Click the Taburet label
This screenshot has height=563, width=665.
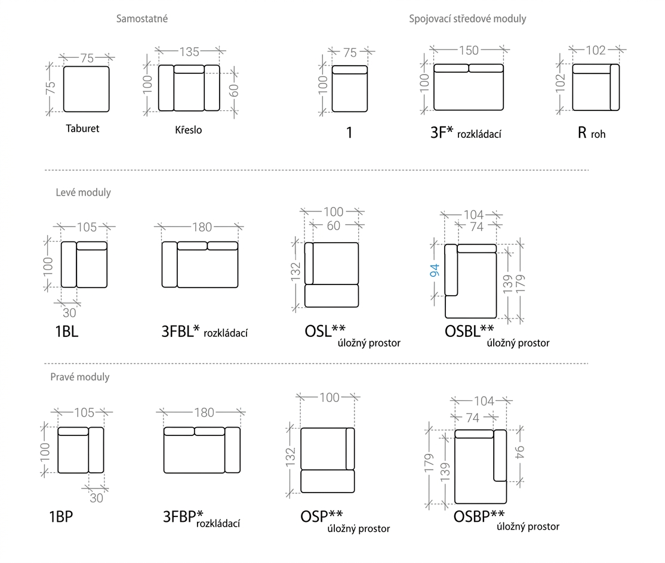pos(82,128)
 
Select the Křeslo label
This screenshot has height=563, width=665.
pos(188,129)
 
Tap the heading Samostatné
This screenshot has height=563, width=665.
pos(142,18)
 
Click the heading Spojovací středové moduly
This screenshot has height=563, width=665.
pos(467,19)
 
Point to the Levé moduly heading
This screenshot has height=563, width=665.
pos(83,192)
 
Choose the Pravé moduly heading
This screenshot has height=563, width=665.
pos(80,377)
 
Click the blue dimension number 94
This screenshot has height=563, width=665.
pos(435,270)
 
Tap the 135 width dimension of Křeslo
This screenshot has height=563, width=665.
pos(189,52)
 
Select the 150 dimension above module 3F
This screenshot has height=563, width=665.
pos(469,51)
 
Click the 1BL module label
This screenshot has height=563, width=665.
pos(67,331)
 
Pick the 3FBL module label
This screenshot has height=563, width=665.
pos(181,331)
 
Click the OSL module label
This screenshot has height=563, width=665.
pos(325,331)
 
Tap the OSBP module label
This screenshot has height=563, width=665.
pos(479,516)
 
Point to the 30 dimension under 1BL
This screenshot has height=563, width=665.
pos(69,313)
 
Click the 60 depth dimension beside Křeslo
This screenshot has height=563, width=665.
pos(233,90)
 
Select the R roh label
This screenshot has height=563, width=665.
pos(591,133)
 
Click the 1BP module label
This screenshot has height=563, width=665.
pos(61,517)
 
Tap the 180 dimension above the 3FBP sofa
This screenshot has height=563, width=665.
pos(204,413)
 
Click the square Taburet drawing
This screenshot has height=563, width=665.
pos(86,89)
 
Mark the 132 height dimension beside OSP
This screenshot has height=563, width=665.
pos(290,457)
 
